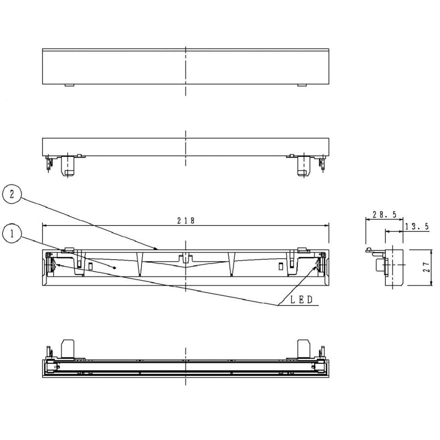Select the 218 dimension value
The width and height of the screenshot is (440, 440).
(186, 220)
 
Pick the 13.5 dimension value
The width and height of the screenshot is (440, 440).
(417, 226)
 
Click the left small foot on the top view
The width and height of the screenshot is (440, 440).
(69, 86)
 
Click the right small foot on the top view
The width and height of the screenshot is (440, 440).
(303, 86)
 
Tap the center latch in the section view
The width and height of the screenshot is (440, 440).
(185, 258)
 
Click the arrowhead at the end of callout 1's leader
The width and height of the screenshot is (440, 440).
(115, 268)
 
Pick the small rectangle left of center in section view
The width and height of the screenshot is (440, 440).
(91, 265)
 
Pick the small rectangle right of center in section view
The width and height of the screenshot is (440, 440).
(281, 265)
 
